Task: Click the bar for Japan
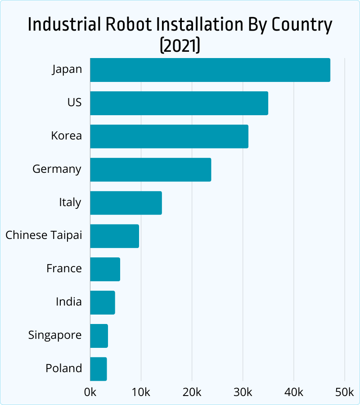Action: (210, 70)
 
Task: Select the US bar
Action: (179, 103)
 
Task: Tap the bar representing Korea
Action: (169, 136)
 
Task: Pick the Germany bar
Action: (150, 170)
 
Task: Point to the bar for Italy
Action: (126, 203)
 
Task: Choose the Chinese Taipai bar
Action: (114, 236)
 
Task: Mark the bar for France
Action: (105, 270)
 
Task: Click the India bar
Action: (102, 302)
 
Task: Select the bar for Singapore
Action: (99, 336)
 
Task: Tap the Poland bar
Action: (98, 369)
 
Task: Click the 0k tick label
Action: (90, 392)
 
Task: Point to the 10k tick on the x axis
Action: (141, 392)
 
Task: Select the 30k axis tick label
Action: (243, 392)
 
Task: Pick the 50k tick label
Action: (345, 392)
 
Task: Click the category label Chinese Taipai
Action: (44, 235)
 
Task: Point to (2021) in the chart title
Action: (180, 45)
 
